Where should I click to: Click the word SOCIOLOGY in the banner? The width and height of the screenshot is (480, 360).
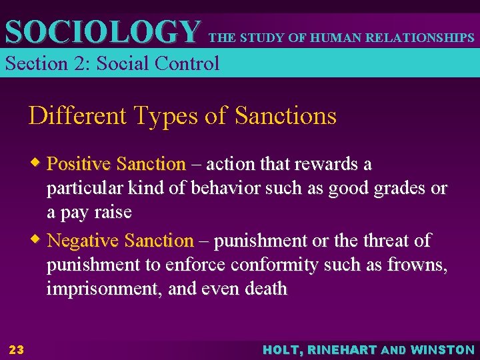pos(102,31)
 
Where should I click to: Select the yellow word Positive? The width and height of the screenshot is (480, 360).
pos(79,164)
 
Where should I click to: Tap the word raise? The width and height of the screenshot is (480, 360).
pos(113,213)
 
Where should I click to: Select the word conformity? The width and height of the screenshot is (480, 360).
pos(275,265)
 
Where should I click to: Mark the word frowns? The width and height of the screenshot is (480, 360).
pos(417,265)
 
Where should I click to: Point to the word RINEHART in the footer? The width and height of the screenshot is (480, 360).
pos(346,350)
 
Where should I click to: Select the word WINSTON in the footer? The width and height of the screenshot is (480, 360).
pos(443,350)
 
